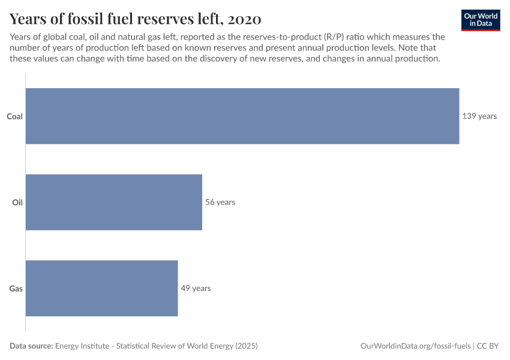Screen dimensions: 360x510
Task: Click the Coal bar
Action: (x=242, y=116)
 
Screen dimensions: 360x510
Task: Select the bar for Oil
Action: (x=114, y=202)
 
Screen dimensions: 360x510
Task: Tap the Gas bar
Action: (x=102, y=288)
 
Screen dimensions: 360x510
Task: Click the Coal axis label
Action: (x=14, y=116)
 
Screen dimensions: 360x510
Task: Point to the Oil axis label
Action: (x=17, y=202)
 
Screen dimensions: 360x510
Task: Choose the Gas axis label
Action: (x=16, y=289)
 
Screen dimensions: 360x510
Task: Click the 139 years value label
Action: (x=479, y=116)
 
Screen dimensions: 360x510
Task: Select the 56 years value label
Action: (x=220, y=202)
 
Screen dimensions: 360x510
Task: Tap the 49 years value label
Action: (x=196, y=288)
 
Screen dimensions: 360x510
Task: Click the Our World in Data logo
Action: (x=480, y=19)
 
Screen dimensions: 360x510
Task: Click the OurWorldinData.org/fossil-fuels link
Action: (x=415, y=346)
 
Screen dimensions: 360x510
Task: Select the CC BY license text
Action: (x=488, y=346)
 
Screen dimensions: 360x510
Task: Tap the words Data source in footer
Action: (x=31, y=346)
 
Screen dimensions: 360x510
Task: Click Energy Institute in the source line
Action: (x=83, y=346)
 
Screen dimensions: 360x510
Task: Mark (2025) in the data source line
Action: (x=246, y=346)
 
